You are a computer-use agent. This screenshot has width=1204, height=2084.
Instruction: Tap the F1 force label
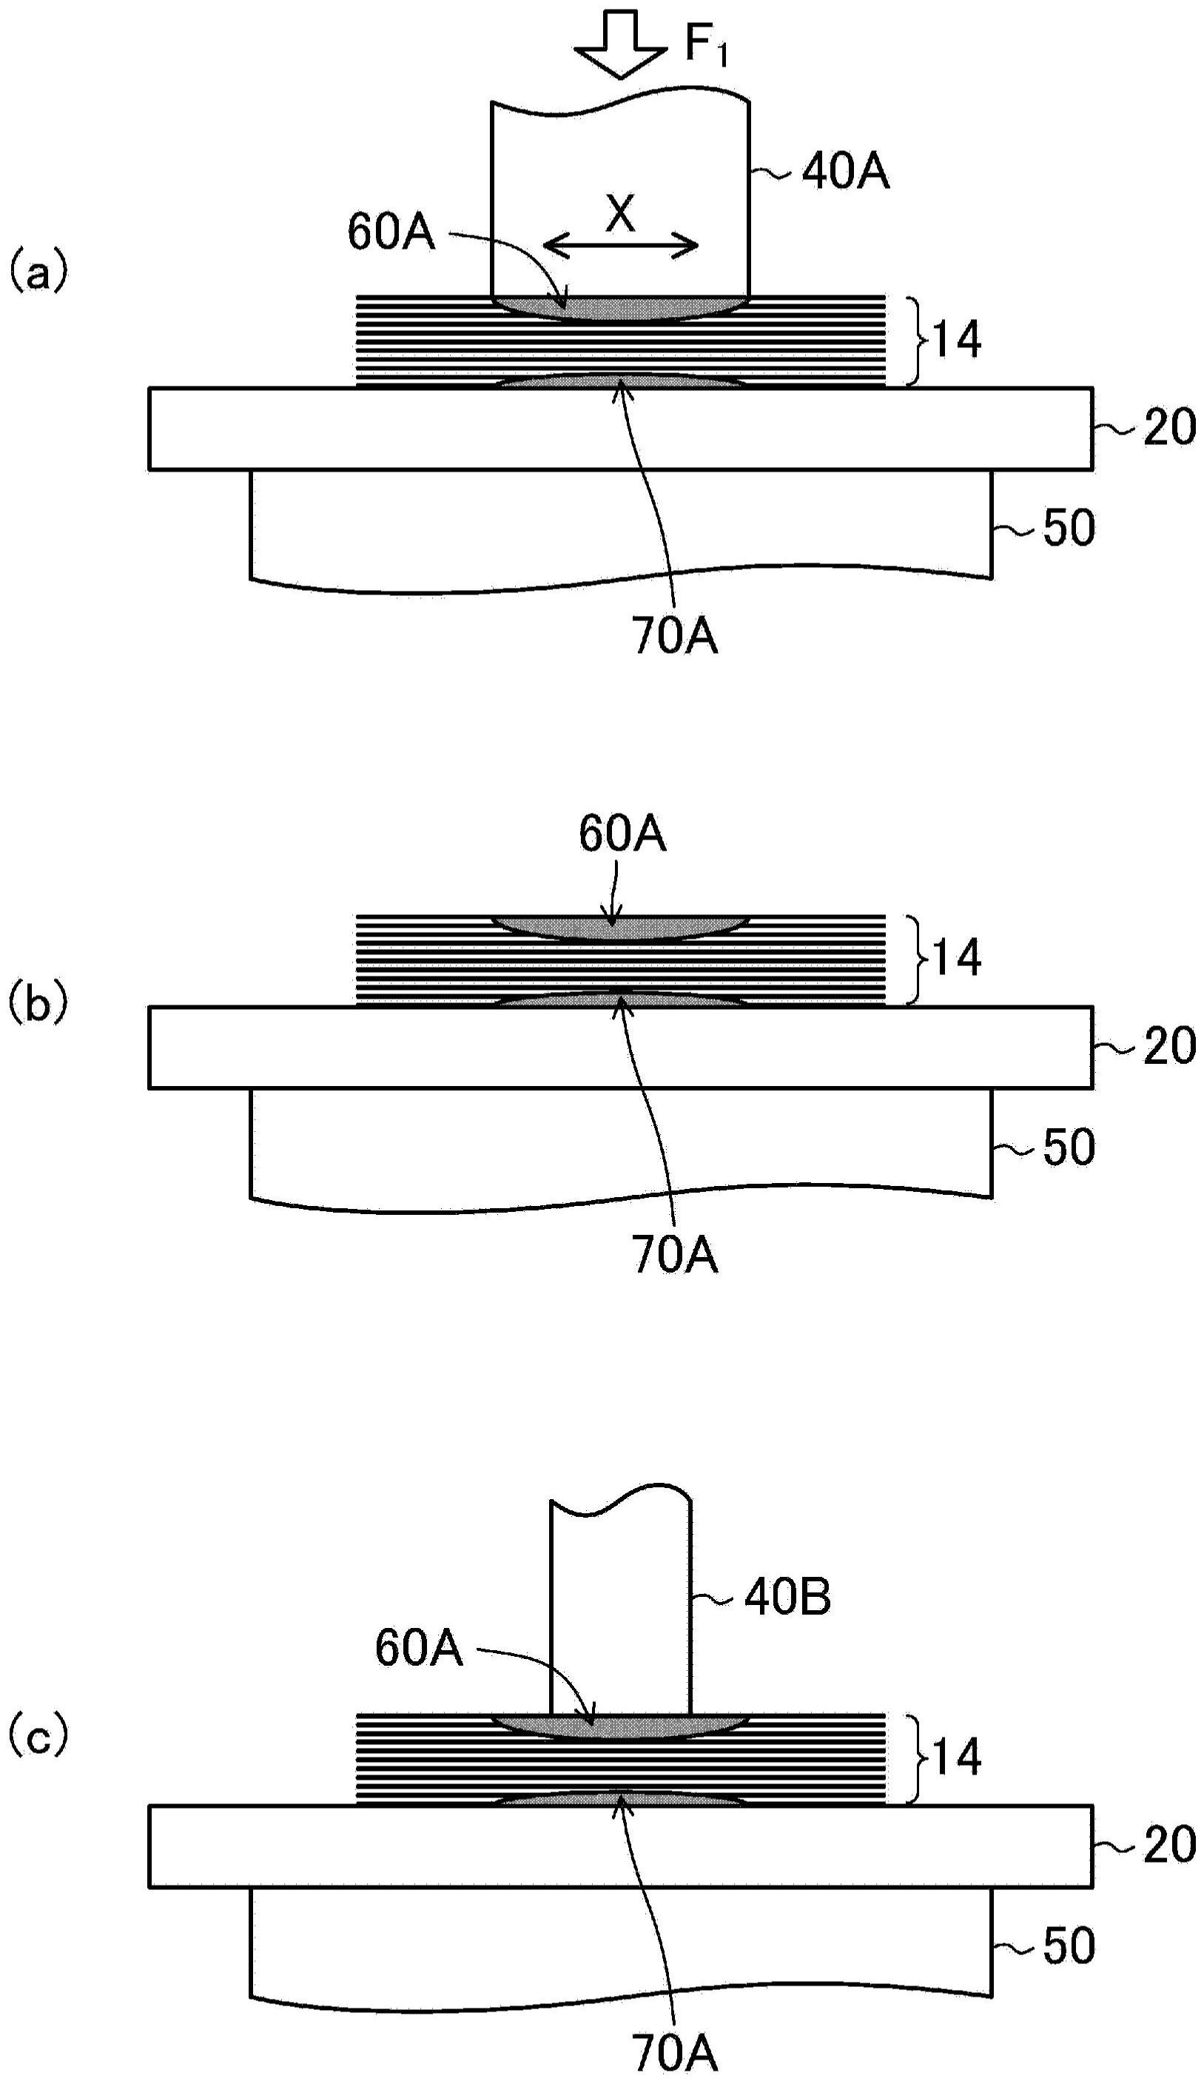tap(706, 45)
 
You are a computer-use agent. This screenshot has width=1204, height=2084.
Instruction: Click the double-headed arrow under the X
tap(621, 245)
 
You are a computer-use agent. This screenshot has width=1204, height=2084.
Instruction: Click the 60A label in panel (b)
tap(622, 835)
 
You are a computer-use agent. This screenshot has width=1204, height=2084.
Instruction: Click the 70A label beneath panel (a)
tap(676, 637)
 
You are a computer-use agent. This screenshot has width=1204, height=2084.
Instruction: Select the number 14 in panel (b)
tap(957, 959)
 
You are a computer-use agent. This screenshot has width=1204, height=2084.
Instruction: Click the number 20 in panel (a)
tap(1169, 429)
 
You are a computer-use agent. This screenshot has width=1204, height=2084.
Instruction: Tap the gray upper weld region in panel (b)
tap(620, 927)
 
